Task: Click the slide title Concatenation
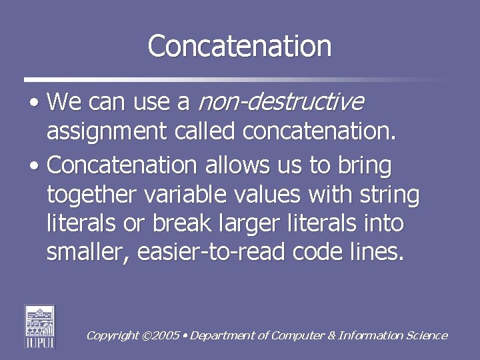(x=239, y=46)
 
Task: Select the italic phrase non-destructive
(x=281, y=102)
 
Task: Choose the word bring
(x=367, y=164)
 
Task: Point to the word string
(x=389, y=195)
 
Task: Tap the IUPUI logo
(x=40, y=327)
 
